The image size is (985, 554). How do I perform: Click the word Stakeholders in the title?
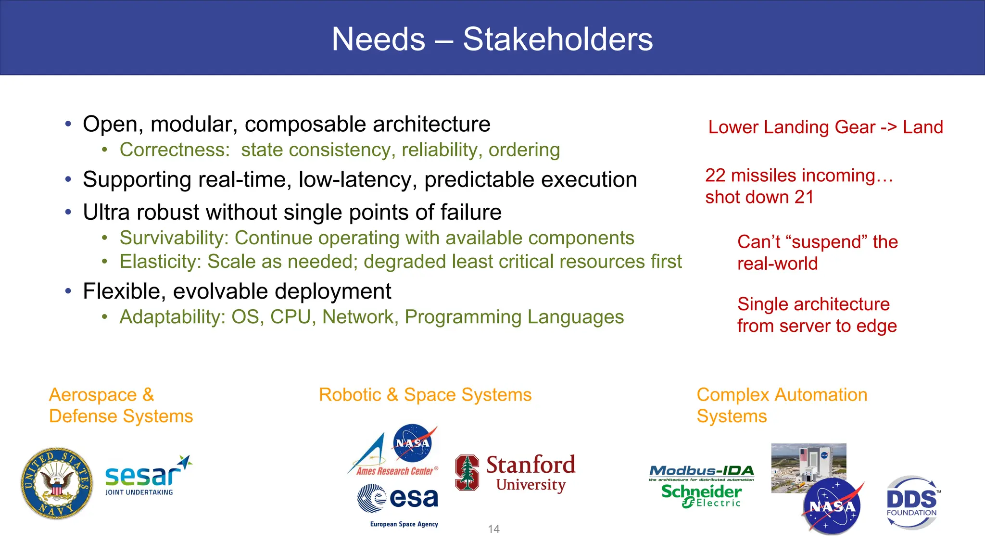pos(557,39)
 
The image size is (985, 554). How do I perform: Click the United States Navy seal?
pos(57,483)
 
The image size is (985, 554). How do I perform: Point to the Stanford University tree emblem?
pos(467,473)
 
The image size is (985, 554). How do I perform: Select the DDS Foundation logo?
pos(912,503)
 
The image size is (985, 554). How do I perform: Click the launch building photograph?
pos(808,462)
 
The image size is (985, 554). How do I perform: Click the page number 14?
pos(493,529)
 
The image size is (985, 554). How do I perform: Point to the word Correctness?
pos(175,150)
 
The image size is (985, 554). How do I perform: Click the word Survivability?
pos(176,238)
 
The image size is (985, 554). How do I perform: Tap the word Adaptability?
pos(172,317)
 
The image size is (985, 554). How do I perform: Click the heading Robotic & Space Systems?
pos(425,395)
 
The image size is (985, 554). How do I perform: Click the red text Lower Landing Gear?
pos(791,127)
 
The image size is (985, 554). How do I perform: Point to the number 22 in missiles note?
pos(715,176)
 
